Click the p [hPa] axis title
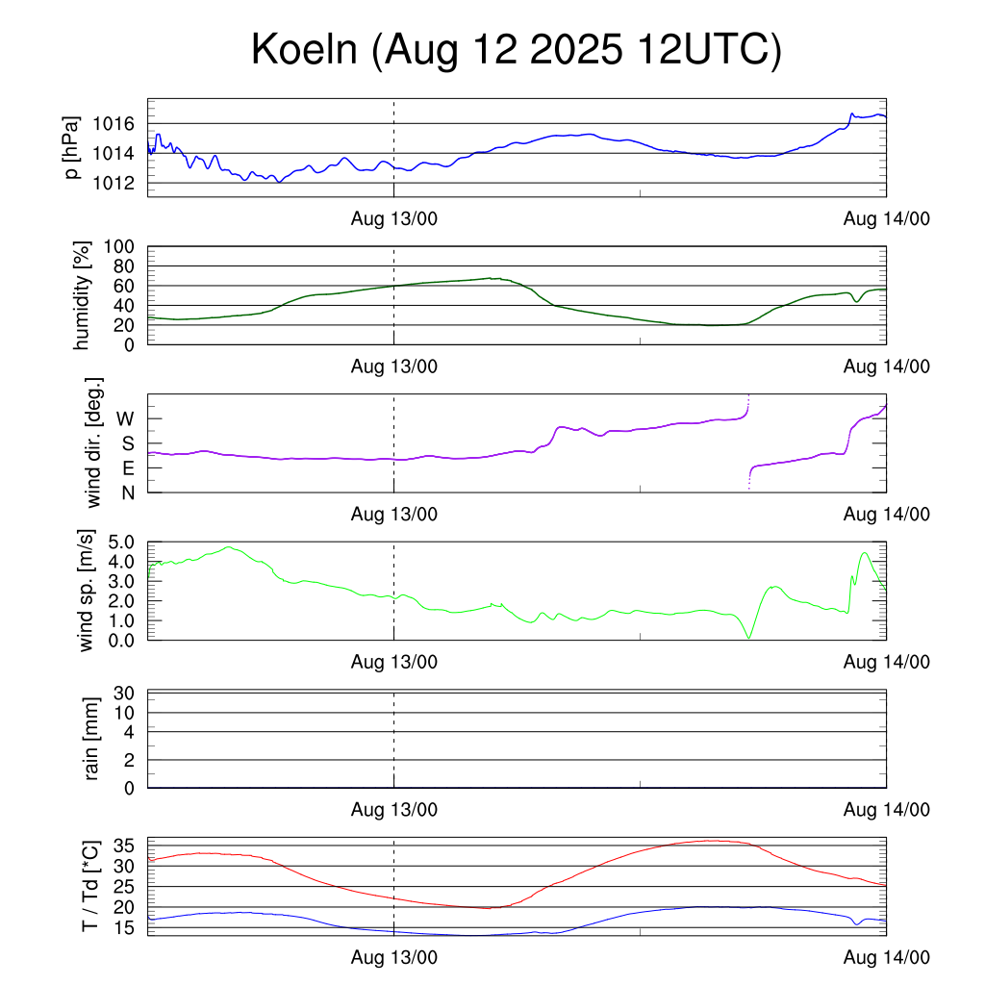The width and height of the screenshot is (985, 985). point(72,147)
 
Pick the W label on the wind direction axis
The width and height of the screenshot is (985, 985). point(125,418)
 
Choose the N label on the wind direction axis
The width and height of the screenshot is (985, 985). point(127,492)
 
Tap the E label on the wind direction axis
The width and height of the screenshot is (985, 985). point(127,468)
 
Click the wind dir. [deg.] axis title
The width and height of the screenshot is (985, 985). point(93,443)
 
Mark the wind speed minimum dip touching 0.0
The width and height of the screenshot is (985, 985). point(748,638)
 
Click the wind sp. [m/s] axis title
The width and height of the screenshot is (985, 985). point(87,590)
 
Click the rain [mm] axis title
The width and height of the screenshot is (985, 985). point(92,739)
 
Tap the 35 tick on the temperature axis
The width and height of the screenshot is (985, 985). point(125,846)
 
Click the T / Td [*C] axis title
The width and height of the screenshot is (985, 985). point(89,885)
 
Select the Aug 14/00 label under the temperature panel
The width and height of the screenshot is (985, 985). point(886,957)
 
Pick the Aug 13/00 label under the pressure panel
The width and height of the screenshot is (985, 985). point(393,218)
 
